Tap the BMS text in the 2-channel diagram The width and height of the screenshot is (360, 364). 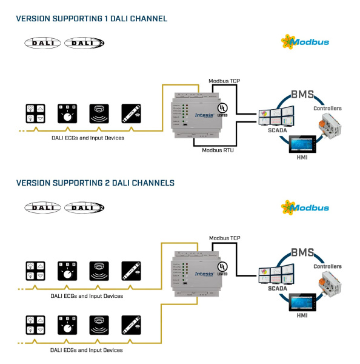coord(303,252)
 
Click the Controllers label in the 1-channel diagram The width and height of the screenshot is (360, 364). coord(327,109)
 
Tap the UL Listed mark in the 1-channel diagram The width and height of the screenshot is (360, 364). coord(222,104)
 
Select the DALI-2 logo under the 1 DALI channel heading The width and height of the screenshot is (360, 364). coord(84,42)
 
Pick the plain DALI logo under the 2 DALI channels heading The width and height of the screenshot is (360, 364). coord(42,207)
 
